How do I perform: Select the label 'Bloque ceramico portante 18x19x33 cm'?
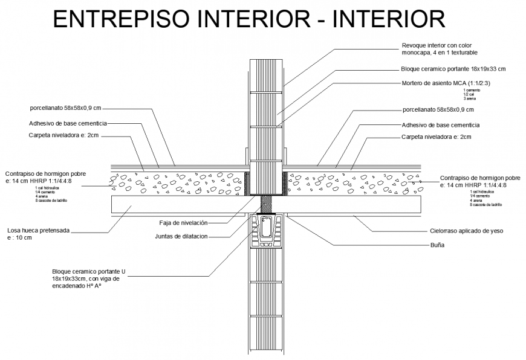(x=453, y=69)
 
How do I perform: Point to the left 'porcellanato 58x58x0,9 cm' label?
(x=66, y=109)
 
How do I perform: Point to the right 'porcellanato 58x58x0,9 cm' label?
(x=438, y=110)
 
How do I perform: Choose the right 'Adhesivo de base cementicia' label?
(x=440, y=125)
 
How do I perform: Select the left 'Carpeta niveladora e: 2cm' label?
(x=63, y=135)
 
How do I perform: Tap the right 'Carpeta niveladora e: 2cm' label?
(x=436, y=137)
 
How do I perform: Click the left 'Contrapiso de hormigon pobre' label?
(x=45, y=173)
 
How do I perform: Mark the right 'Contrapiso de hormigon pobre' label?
(x=479, y=178)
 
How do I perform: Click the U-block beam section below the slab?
(x=267, y=231)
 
